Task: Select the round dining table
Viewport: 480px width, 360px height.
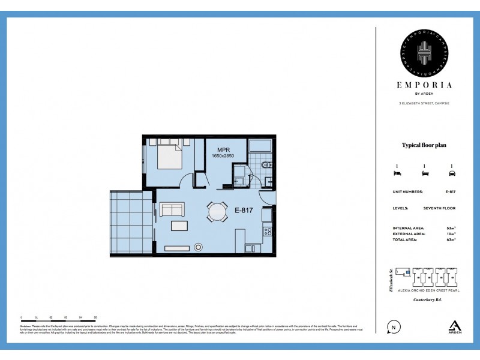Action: click(218, 212)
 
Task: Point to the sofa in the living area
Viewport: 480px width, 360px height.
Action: click(172, 209)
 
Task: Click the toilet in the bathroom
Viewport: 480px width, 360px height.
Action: click(267, 163)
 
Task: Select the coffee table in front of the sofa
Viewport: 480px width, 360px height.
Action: click(179, 226)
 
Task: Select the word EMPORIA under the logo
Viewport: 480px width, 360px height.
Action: click(425, 85)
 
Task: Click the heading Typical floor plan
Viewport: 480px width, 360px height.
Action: click(424, 145)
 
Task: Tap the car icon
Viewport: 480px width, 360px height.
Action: click(451, 173)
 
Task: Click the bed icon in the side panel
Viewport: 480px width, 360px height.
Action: click(396, 173)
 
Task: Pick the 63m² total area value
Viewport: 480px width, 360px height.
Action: click(451, 239)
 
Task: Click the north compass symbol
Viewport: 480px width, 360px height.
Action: click(394, 327)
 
